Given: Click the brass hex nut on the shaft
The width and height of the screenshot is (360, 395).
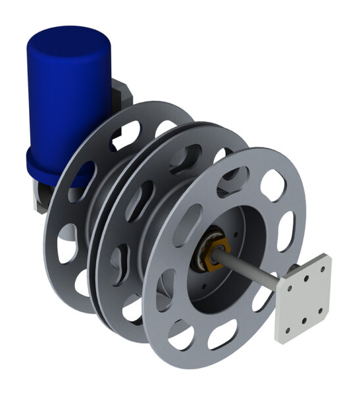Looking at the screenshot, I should pyautogui.click(x=213, y=254).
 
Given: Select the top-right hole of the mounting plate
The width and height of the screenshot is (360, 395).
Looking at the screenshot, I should pyautogui.click(x=322, y=269).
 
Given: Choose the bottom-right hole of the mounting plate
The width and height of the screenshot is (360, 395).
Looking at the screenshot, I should pyautogui.click(x=320, y=310).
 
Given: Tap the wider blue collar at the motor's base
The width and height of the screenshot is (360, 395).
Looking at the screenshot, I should pyautogui.click(x=49, y=168).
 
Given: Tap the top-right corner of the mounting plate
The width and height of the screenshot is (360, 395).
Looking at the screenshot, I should pyautogui.click(x=329, y=256).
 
